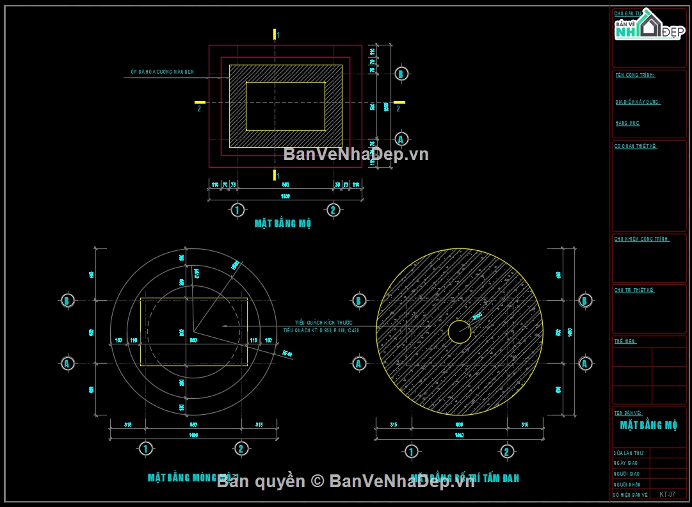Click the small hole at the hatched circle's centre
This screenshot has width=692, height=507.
click(x=459, y=332)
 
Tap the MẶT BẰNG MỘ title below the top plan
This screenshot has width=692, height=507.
click(x=283, y=223)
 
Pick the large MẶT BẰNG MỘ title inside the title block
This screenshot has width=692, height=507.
click(x=648, y=425)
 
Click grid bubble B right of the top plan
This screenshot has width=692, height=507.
click(x=401, y=73)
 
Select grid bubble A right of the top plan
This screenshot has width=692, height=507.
click(x=401, y=138)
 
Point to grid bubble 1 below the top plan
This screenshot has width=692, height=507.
click(x=237, y=209)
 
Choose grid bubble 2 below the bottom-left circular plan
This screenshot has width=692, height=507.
click(x=241, y=448)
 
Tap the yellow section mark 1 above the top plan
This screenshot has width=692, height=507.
click(x=275, y=34)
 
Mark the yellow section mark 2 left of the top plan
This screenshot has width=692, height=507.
click(x=200, y=102)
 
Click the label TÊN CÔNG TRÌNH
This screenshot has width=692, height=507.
click(x=635, y=75)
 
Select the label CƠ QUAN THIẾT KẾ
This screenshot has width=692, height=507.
click(x=636, y=146)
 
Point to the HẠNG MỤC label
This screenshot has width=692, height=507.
click(x=627, y=123)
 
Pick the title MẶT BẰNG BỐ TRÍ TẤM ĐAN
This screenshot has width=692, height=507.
click(x=465, y=478)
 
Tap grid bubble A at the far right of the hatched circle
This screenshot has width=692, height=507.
click(x=584, y=364)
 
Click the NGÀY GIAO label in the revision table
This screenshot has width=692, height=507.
click(x=625, y=463)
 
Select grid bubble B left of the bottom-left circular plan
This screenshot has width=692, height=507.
click(x=67, y=300)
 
